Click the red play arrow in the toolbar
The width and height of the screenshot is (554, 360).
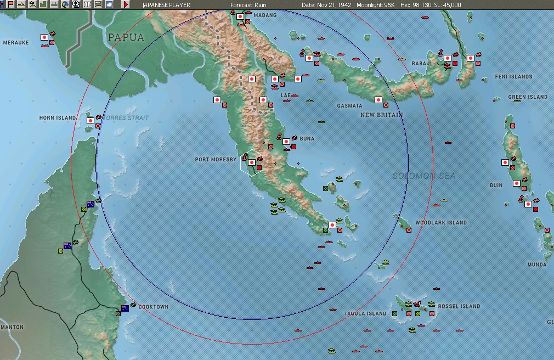(x=126, y=4)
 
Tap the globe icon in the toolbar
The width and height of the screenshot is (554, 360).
(x=66, y=4)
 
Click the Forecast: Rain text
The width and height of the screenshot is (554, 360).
(x=248, y=5)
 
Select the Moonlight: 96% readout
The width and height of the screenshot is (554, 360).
(x=376, y=5)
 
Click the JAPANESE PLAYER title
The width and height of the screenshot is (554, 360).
(x=166, y=5)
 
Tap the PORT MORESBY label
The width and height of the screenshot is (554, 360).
(x=216, y=160)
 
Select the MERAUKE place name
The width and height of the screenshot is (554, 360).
(x=15, y=42)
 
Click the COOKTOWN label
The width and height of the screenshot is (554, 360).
(x=154, y=307)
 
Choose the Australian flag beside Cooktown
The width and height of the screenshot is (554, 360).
(x=125, y=308)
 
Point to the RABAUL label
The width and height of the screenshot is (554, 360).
(x=422, y=64)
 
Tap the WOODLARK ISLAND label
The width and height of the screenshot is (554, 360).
(x=441, y=223)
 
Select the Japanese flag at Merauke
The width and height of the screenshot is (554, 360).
(x=44, y=37)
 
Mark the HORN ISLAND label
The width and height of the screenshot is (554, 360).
(x=58, y=118)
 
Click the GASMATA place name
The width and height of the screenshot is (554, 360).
(x=349, y=105)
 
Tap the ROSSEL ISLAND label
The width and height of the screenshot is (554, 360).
(x=460, y=306)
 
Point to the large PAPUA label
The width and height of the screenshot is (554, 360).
(x=126, y=38)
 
